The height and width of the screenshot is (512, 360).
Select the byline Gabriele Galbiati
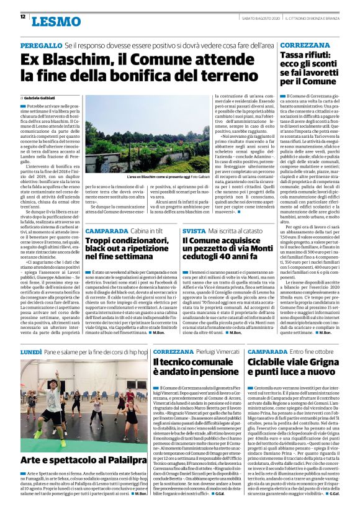click(38, 98)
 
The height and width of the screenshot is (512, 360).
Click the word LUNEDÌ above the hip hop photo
click(31, 351)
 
